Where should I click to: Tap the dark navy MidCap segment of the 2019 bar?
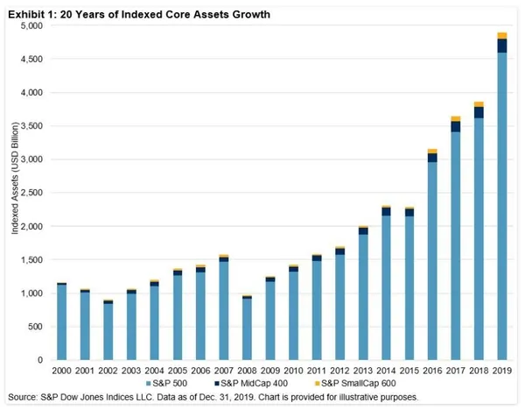click(502, 46)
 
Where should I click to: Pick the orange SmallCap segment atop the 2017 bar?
click(456, 118)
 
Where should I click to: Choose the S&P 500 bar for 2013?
click(363, 297)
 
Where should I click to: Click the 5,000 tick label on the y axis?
click(32, 25)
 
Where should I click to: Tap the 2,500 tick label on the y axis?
click(32, 193)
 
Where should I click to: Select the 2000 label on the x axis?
click(61, 371)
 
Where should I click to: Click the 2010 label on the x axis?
click(293, 371)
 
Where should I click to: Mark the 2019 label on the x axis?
click(502, 371)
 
